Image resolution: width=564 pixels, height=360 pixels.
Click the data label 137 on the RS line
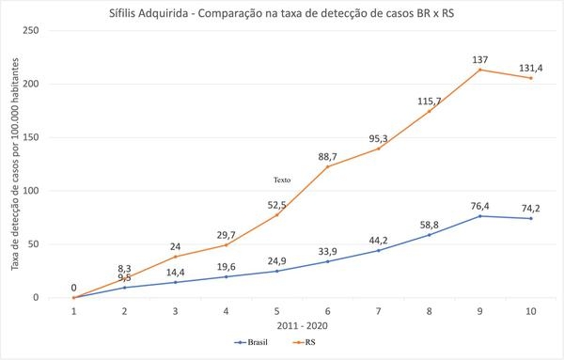[x=480, y=58]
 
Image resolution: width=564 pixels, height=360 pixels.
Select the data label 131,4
[x=531, y=67]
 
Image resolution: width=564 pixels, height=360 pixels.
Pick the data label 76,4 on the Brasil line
[x=480, y=204]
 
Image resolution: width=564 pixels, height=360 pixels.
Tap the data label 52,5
[x=277, y=203]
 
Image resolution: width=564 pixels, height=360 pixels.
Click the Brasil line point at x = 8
[x=430, y=234]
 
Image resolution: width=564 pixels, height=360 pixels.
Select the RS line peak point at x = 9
[x=480, y=70]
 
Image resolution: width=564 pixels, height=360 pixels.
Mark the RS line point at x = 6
[x=328, y=166]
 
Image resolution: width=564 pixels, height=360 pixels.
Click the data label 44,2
[x=379, y=239]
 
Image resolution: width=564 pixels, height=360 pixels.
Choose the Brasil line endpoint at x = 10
[x=531, y=218]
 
